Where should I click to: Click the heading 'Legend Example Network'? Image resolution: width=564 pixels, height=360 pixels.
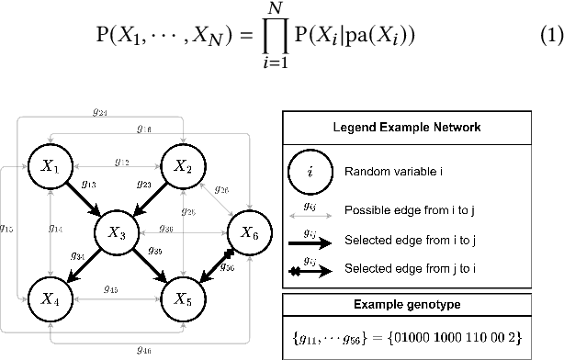pyautogui.click(x=405, y=125)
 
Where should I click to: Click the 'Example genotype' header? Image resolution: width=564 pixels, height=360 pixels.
pyautogui.click(x=405, y=304)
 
